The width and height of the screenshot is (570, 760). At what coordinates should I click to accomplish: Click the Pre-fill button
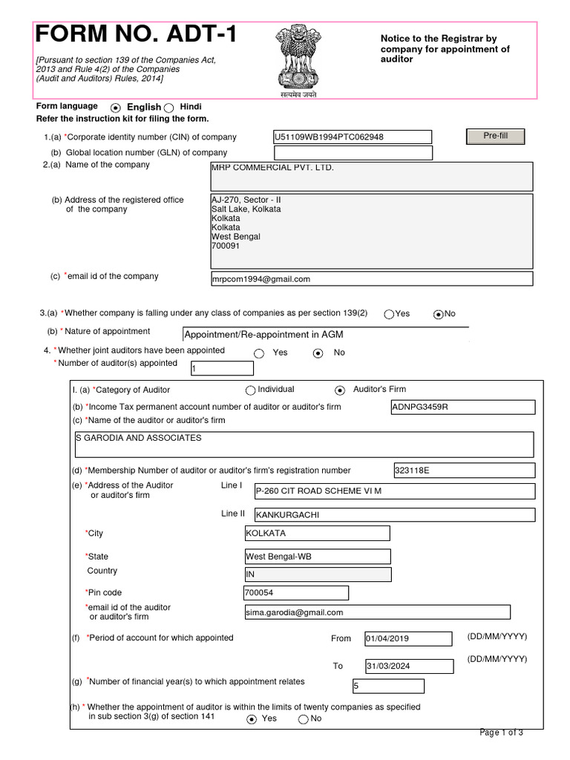point(495,137)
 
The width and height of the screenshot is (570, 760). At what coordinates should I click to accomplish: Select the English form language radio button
point(116,108)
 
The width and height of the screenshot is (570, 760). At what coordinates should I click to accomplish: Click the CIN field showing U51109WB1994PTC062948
point(353,137)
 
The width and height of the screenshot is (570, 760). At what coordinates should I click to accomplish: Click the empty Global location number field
point(353,153)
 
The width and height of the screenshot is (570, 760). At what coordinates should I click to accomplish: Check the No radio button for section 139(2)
point(439,314)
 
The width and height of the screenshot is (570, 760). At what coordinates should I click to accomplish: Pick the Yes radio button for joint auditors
point(259,353)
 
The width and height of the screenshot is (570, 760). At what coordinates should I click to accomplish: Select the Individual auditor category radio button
point(250,390)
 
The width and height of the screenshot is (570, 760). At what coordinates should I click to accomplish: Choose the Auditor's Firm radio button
point(340,390)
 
